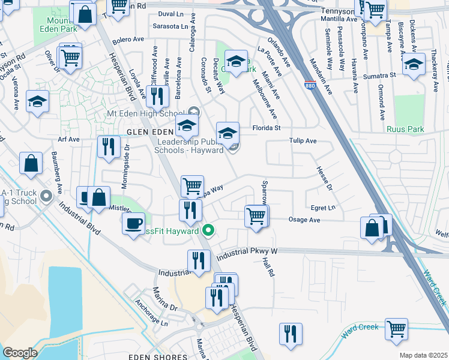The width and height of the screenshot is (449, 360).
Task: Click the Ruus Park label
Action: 406,129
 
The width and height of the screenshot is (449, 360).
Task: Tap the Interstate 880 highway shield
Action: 310,86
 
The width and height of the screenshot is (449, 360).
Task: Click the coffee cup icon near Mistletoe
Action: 133,224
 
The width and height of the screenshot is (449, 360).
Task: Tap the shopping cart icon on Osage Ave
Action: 257,215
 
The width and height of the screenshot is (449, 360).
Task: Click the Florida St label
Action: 267,128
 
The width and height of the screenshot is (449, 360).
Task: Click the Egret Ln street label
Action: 323,208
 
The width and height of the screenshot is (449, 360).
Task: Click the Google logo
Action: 20,353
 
